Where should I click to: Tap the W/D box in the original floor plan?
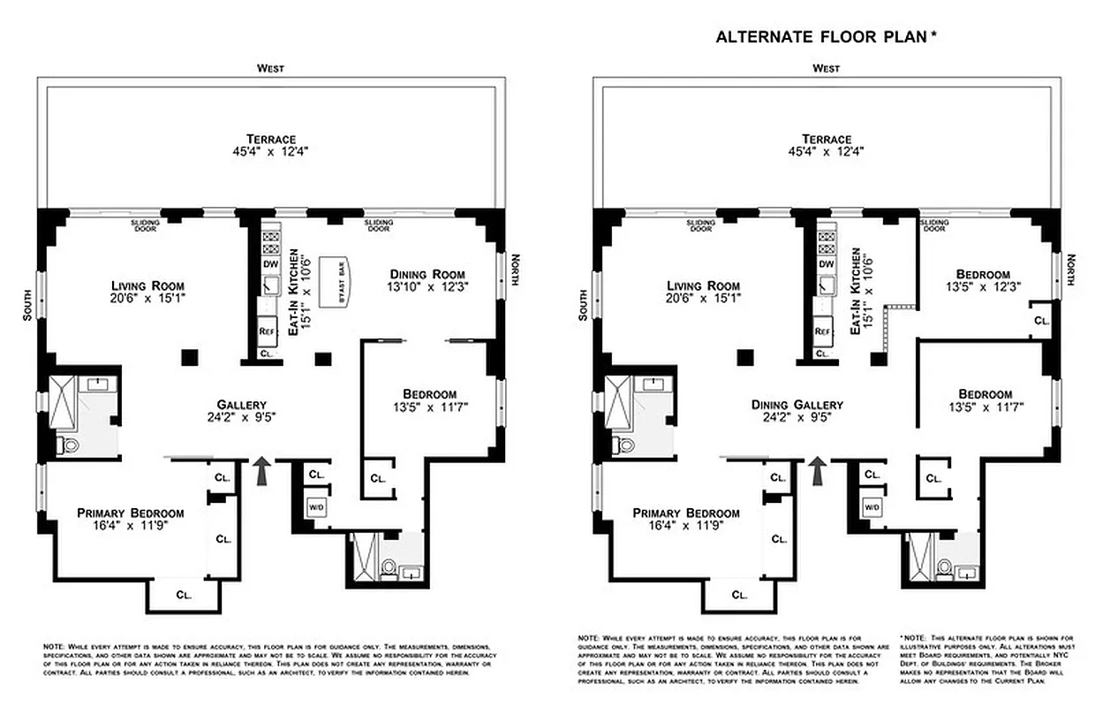coord(316,507)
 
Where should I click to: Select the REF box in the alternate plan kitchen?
coord(823,331)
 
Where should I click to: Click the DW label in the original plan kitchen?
coord(270,263)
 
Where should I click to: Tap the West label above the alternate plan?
coord(826,68)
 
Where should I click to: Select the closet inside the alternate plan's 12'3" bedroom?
coord(1042,321)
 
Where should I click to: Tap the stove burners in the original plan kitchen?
coord(270,243)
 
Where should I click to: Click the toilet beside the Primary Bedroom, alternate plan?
coord(623,444)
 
